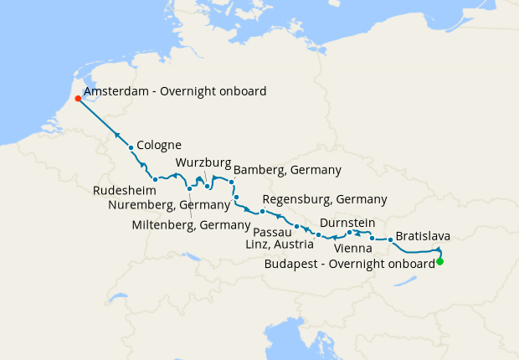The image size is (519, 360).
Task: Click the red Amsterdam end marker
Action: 78,99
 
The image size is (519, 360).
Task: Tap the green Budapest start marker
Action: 439,262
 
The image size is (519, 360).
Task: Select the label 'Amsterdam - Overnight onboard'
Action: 174,91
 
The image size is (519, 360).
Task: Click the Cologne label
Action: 158,143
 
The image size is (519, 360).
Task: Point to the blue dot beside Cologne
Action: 131,148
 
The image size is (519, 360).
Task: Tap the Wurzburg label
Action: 203,162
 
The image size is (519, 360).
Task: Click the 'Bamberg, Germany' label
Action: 287,170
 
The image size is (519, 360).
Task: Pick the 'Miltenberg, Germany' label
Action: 192,224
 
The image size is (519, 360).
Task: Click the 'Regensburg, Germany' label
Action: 324,199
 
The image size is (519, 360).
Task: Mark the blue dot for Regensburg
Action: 262,211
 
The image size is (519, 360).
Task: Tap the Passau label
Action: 272,231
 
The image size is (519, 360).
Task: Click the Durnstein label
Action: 346,223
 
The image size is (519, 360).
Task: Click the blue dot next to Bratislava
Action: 390,240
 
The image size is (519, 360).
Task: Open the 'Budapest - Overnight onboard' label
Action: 349,263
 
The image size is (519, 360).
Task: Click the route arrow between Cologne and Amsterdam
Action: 118,136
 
